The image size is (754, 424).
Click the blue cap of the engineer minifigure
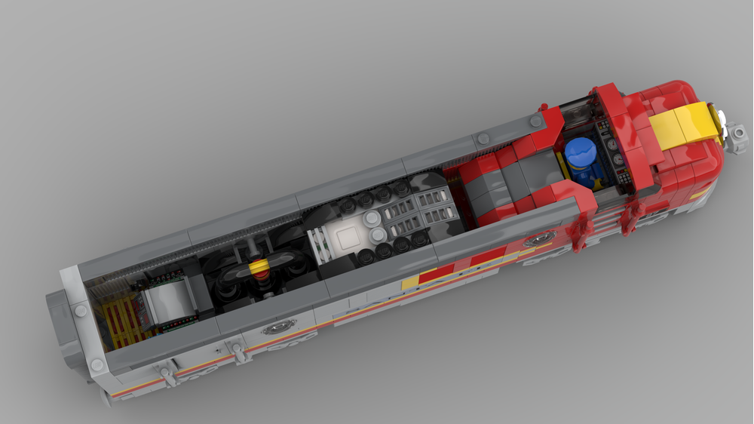point(580,152)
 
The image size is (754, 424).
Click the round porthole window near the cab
point(540,239)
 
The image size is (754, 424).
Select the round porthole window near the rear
point(276,327)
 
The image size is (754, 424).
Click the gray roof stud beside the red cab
point(535,120)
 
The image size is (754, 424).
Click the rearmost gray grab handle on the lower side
point(165,373)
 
